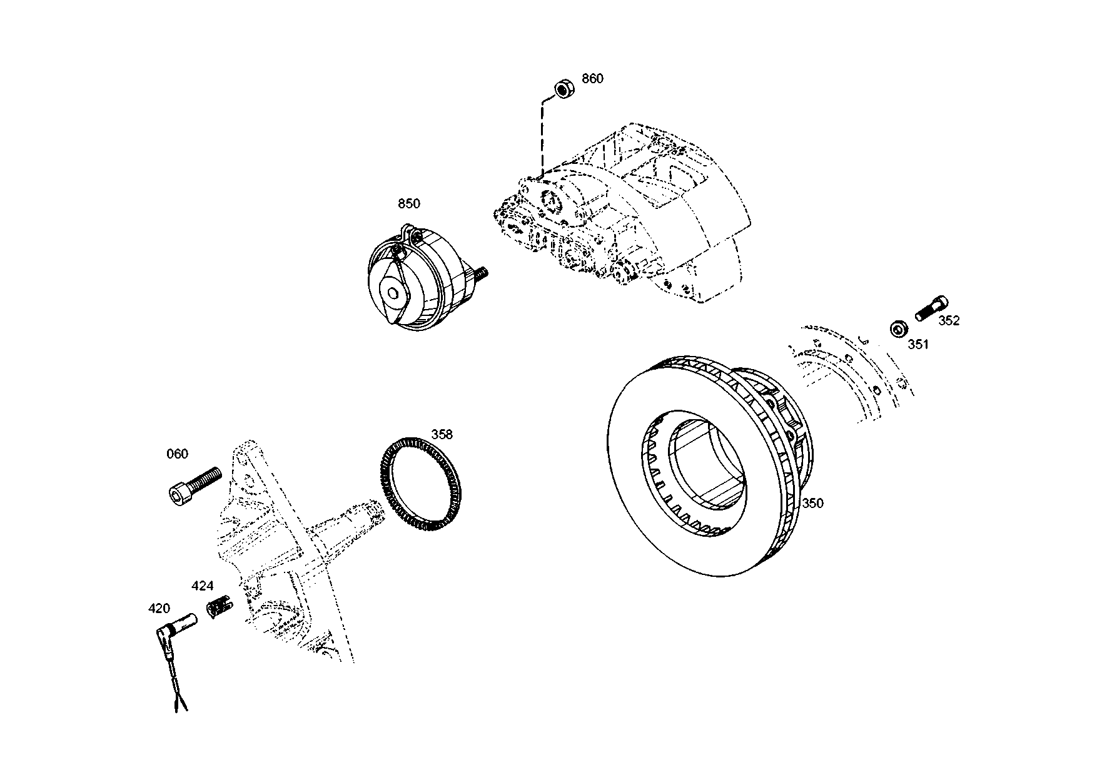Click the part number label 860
pyautogui.click(x=592, y=79)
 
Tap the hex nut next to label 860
pyautogui.click(x=564, y=89)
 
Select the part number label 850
pyautogui.click(x=409, y=203)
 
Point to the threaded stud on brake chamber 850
pyautogui.click(x=482, y=273)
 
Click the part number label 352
pyautogui.click(x=949, y=321)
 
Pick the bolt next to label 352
pyautogui.click(x=932, y=308)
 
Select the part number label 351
pyautogui.click(x=918, y=344)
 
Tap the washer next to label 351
pyautogui.click(x=899, y=328)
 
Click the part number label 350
pyautogui.click(x=812, y=503)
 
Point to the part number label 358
pyautogui.click(x=442, y=435)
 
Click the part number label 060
pyautogui.click(x=177, y=454)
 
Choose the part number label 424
pyautogui.click(x=202, y=586)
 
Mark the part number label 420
pyautogui.click(x=159, y=608)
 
